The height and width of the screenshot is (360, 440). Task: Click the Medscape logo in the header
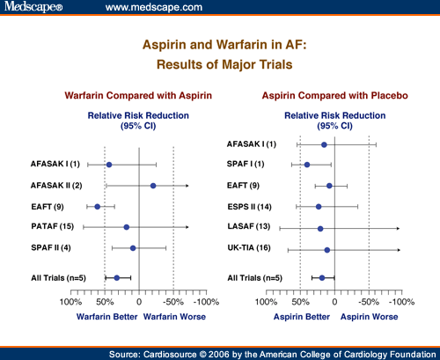[33, 6]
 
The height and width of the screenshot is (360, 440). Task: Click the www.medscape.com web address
[154, 7]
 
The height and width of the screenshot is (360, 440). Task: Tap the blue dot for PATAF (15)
[127, 227]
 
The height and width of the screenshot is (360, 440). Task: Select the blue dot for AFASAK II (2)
[153, 186]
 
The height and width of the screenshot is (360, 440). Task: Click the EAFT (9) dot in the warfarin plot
[98, 207]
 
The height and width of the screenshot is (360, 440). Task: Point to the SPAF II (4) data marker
[133, 248]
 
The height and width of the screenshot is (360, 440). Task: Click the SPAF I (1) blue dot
[307, 165]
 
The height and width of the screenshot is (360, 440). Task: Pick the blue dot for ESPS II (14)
[319, 207]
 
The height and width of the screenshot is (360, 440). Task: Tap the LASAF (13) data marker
[320, 229]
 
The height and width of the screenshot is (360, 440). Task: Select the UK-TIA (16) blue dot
[327, 250]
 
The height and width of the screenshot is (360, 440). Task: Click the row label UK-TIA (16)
[249, 248]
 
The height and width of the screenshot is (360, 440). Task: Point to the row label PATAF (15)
[53, 226]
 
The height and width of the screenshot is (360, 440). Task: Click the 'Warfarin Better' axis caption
[107, 317]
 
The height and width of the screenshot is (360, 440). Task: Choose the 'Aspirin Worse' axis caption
[370, 317]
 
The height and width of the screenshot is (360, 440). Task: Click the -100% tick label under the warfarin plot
[206, 302]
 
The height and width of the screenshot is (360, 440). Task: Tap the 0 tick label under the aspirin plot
[334, 302]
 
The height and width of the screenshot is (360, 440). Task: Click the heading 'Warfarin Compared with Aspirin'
[138, 96]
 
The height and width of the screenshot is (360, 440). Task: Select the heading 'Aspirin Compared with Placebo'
[335, 96]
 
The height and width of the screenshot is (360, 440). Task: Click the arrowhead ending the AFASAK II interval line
[187, 186]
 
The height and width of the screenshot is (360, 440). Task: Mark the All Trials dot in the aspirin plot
[322, 278]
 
